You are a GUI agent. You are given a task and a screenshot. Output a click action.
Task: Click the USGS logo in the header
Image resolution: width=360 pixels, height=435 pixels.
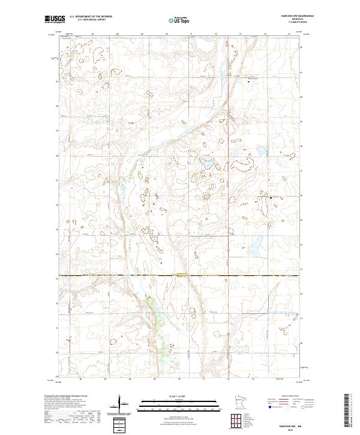(x=55, y=19)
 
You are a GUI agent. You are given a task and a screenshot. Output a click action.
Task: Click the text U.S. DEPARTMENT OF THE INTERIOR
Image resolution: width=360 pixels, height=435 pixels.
(x=91, y=16)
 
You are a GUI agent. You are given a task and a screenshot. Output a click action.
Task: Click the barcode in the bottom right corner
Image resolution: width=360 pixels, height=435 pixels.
(x=347, y=411)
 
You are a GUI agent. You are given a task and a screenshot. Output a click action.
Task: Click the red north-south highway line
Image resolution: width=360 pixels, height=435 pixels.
(x=230, y=180)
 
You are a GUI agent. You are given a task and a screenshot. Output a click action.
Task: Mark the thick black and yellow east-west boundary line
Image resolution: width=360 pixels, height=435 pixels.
(x=120, y=277)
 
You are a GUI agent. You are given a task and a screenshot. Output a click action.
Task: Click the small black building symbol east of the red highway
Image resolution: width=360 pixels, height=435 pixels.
(x=250, y=82)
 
